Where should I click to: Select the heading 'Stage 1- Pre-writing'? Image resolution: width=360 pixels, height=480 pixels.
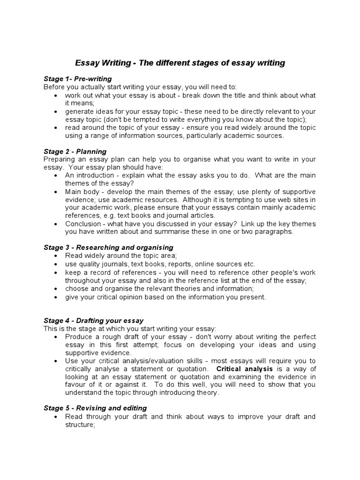point(77,79)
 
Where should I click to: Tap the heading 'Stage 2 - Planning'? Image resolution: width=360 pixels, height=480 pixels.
point(75,151)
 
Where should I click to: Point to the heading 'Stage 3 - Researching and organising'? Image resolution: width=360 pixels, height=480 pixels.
point(108,247)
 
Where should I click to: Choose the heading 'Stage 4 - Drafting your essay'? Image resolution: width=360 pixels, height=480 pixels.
point(93,321)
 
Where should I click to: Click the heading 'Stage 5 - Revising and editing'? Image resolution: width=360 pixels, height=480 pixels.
point(95,408)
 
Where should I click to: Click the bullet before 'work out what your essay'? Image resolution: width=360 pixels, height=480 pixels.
point(56,95)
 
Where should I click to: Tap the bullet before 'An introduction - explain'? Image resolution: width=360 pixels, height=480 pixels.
point(56,175)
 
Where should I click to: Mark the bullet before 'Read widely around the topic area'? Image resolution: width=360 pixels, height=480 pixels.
point(56,255)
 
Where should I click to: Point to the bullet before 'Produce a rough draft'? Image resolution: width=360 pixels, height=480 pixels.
point(56,337)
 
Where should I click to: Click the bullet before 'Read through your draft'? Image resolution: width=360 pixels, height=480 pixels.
point(56,417)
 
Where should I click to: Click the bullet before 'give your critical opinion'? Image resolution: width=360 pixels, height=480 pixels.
point(56,297)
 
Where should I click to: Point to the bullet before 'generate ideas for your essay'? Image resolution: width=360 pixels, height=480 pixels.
point(56,112)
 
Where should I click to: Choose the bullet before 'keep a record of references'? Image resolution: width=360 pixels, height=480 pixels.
point(56,272)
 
